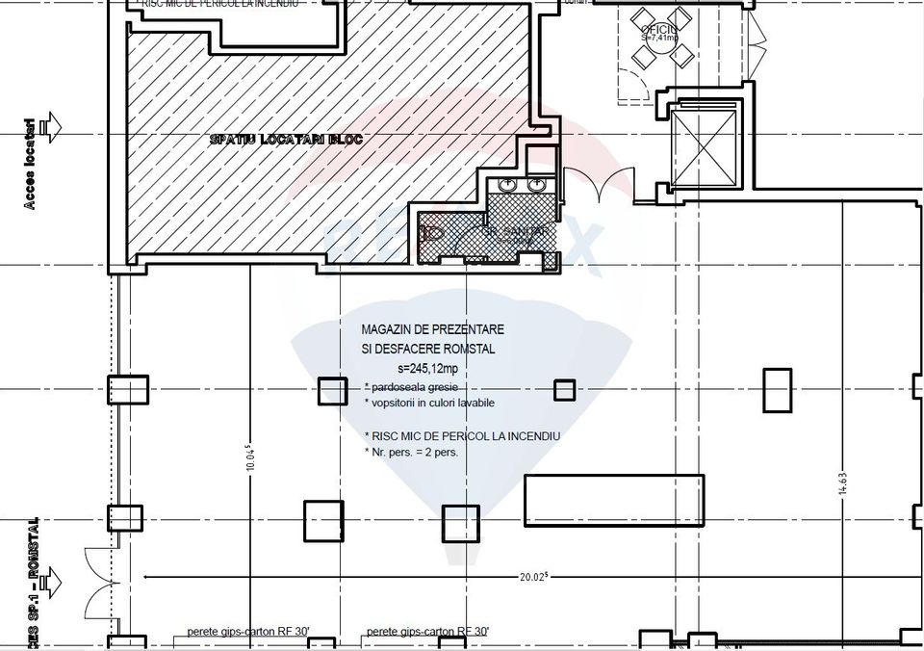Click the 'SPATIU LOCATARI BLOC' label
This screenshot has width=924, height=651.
286,140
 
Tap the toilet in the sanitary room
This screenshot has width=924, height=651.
431,232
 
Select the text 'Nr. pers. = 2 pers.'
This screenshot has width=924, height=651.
411,452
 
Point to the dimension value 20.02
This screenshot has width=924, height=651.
534,578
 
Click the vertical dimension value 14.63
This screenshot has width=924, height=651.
843,477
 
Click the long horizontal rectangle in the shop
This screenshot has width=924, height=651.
616,498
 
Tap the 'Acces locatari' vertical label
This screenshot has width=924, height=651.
30,164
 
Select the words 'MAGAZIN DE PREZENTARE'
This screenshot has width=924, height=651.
432,330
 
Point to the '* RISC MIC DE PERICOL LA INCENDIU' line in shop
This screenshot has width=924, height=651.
462,436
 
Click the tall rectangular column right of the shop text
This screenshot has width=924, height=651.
776,390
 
